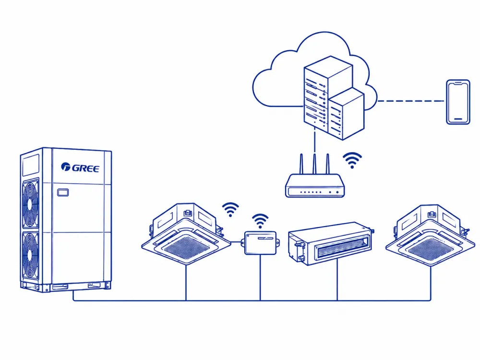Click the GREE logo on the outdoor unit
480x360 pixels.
[80, 168]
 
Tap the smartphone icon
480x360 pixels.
[458, 102]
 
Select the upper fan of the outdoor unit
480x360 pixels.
[30, 203]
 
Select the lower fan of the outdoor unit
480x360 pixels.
[30, 256]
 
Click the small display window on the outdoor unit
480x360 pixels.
[63, 192]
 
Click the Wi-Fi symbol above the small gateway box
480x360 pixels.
[260, 221]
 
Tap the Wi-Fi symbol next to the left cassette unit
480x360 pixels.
[230, 209]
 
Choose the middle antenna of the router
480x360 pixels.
[314, 164]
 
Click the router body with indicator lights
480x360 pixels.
[315, 185]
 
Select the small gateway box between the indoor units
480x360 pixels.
[260, 243]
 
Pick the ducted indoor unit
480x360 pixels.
[331, 243]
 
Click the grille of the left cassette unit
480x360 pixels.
[186, 247]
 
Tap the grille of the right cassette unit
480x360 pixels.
[430, 249]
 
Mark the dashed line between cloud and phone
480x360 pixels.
[411, 101]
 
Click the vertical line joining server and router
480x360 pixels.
[314, 141]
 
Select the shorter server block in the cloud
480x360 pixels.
[347, 114]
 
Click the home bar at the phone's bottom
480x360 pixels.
[458, 119]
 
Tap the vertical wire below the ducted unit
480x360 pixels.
[337, 279]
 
